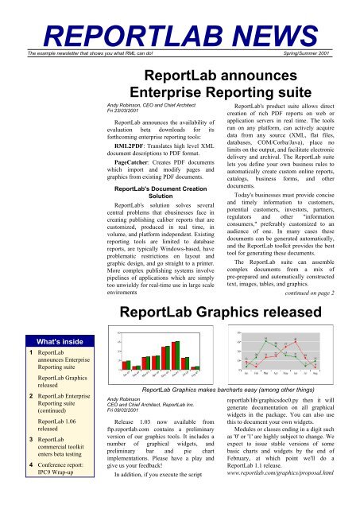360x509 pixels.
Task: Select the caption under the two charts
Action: (x=231, y=389)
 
